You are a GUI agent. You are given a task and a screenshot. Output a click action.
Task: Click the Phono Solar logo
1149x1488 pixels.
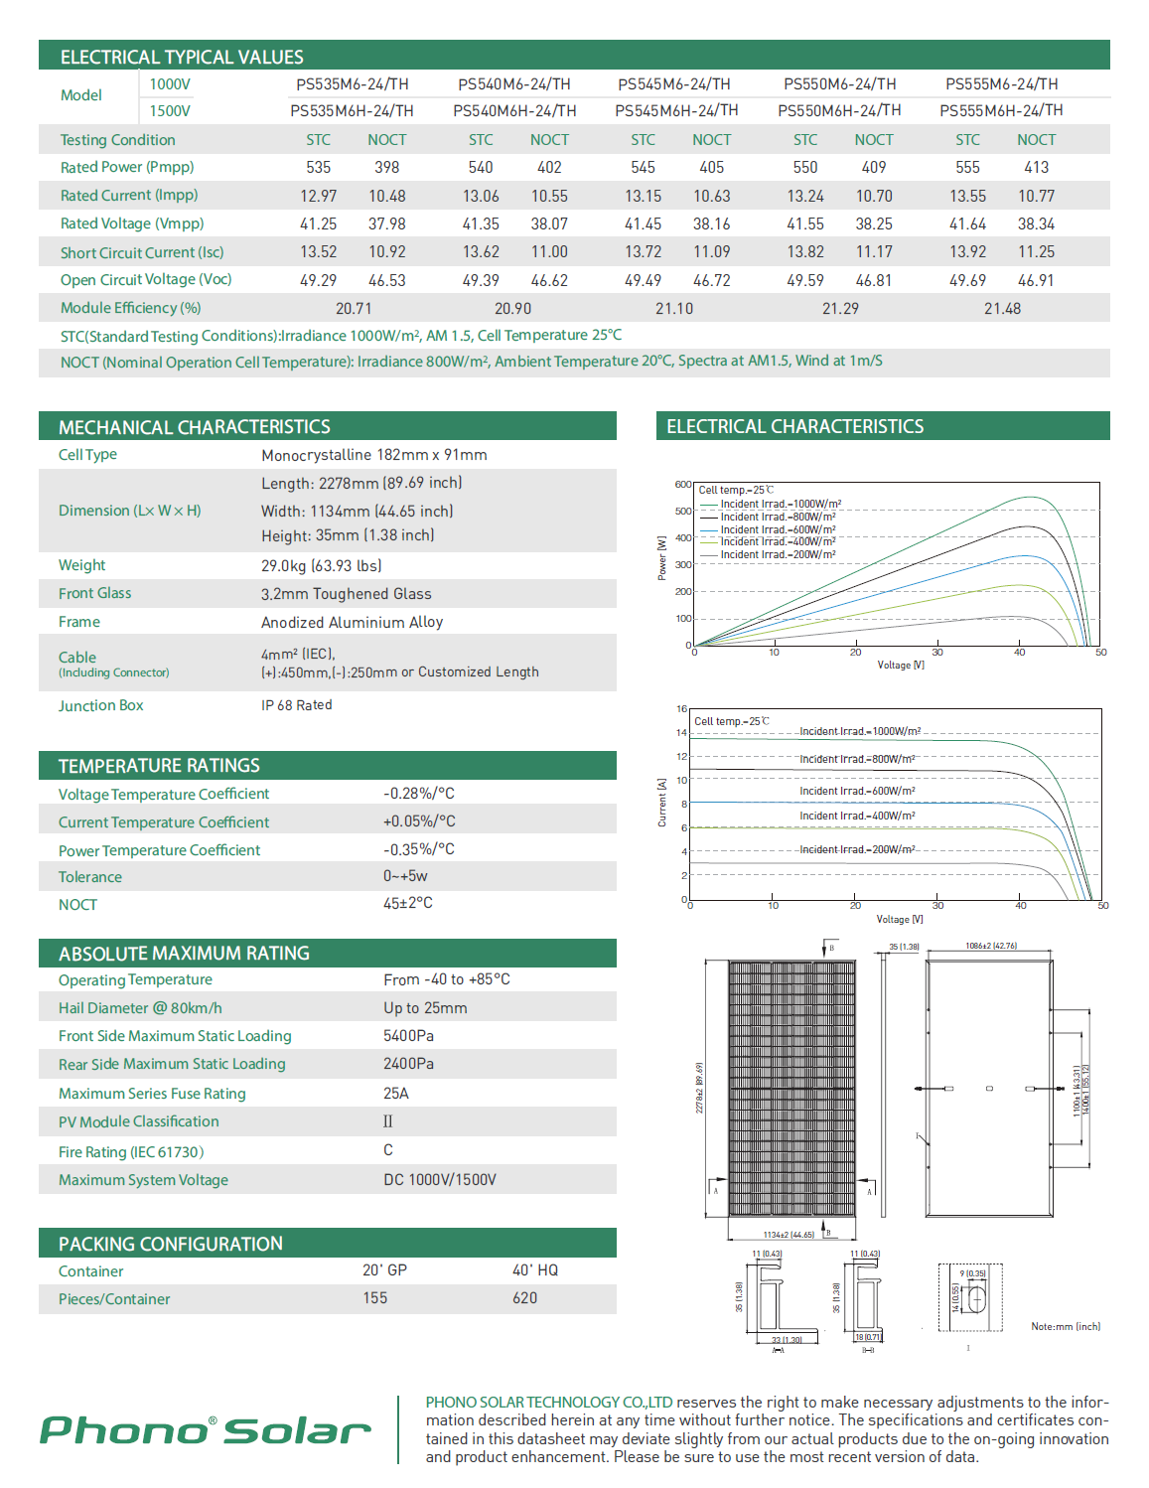tap(206, 1430)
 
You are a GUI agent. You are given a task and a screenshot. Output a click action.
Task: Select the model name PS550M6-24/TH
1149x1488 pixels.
tap(839, 84)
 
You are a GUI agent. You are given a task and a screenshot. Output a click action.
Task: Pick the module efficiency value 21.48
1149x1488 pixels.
tap(1002, 309)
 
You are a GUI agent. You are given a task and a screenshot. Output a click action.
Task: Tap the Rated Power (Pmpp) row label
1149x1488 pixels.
tap(127, 167)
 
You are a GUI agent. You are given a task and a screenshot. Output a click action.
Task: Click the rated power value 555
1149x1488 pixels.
tap(967, 168)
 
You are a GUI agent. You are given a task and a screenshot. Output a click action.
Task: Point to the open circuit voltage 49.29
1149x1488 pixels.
tap(318, 281)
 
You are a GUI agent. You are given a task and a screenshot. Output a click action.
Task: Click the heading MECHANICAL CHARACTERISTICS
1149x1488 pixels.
tap(195, 427)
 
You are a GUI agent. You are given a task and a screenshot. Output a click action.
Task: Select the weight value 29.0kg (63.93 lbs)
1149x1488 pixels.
tap(321, 566)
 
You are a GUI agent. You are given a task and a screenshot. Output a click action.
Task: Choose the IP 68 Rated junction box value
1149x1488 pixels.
tap(297, 705)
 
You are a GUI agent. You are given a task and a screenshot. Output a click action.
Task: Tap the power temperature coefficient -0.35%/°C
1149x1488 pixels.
tap(419, 849)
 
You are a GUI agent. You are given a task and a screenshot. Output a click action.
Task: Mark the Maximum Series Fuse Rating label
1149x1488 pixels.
tap(152, 1094)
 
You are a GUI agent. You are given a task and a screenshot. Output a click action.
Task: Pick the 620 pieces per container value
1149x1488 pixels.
tap(524, 1298)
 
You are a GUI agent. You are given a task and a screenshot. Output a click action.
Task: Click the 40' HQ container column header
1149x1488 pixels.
tap(535, 1270)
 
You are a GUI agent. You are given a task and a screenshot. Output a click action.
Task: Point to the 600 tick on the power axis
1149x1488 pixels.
tap(682, 485)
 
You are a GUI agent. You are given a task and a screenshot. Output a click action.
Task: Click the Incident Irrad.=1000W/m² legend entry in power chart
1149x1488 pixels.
tap(781, 505)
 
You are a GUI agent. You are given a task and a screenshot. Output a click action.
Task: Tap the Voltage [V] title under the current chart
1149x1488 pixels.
tap(900, 920)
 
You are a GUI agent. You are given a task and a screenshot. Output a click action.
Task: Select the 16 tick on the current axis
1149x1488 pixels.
tap(681, 709)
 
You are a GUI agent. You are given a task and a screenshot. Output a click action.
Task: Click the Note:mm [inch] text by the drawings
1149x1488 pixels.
tap(1066, 1327)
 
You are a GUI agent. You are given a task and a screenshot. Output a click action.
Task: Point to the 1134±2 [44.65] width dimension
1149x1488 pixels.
tap(789, 1235)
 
